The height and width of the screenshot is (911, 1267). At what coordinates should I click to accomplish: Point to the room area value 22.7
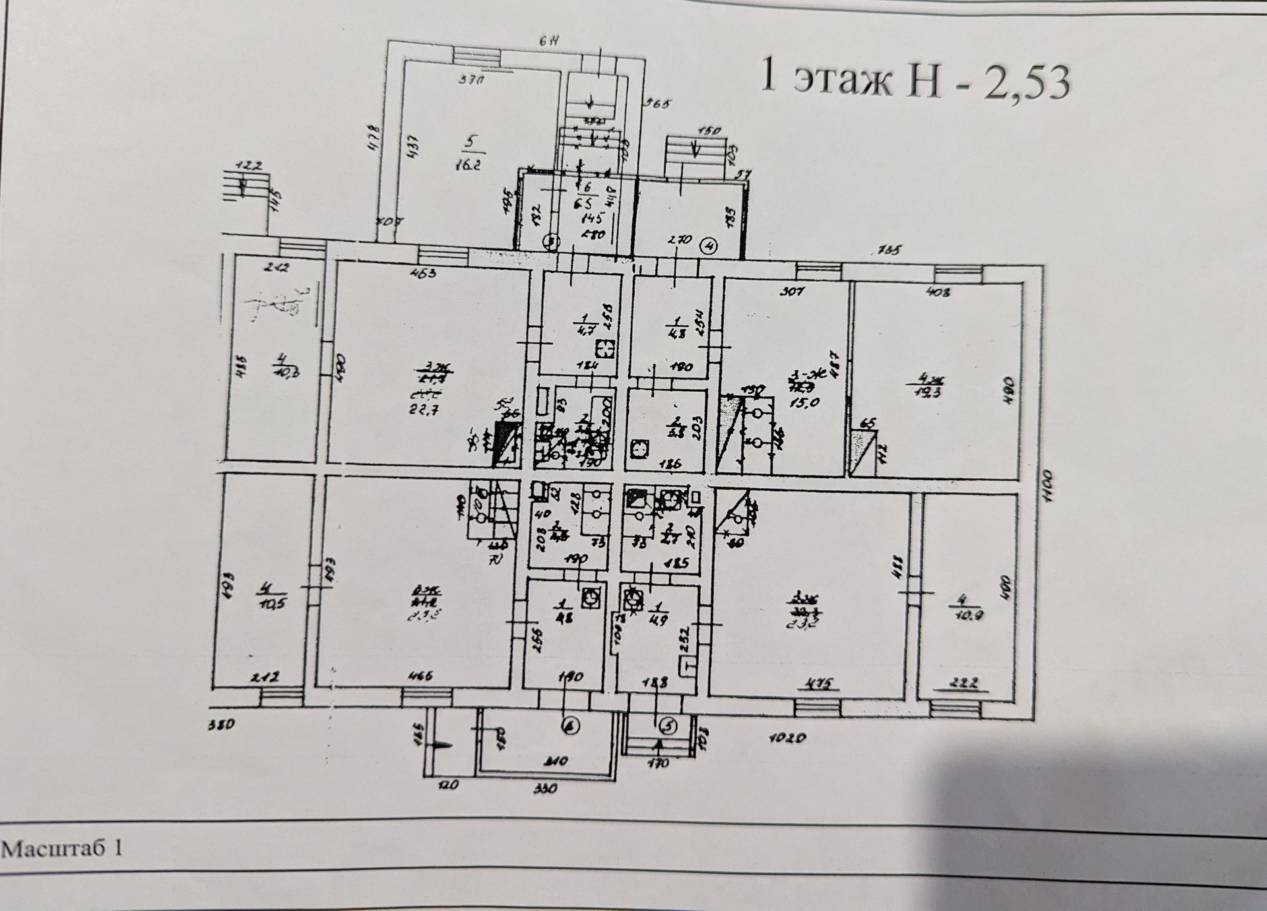pyautogui.click(x=424, y=409)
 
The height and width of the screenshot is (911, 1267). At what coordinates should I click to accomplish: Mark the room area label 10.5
pyautogui.click(x=273, y=603)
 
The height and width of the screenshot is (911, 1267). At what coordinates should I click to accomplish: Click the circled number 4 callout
pyautogui.click(x=709, y=247)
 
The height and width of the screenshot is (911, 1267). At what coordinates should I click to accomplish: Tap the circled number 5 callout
pyautogui.click(x=668, y=726)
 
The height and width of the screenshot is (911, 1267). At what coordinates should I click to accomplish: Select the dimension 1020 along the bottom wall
pyautogui.click(x=787, y=738)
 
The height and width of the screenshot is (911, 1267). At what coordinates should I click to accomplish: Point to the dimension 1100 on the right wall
pyautogui.click(x=1049, y=487)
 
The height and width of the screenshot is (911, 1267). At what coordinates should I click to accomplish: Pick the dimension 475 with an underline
pyautogui.click(x=820, y=683)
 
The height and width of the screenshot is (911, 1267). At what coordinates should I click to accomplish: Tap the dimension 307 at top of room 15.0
pyautogui.click(x=792, y=290)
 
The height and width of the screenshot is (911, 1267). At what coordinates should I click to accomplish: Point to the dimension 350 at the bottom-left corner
pyautogui.click(x=220, y=725)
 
